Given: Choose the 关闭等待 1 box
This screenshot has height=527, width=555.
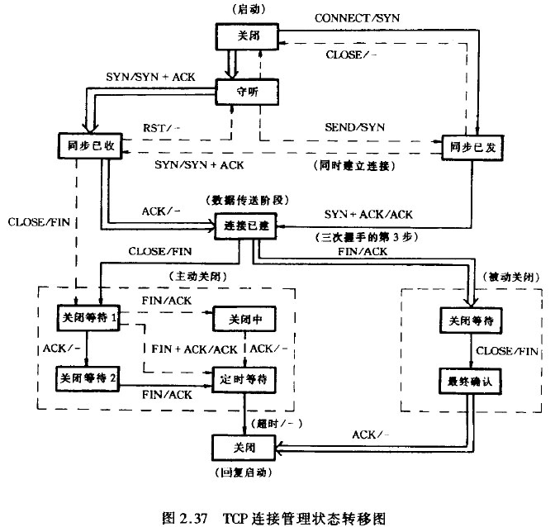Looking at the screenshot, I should coord(88,317).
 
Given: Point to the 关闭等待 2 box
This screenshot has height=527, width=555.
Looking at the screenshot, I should coord(88,377).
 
